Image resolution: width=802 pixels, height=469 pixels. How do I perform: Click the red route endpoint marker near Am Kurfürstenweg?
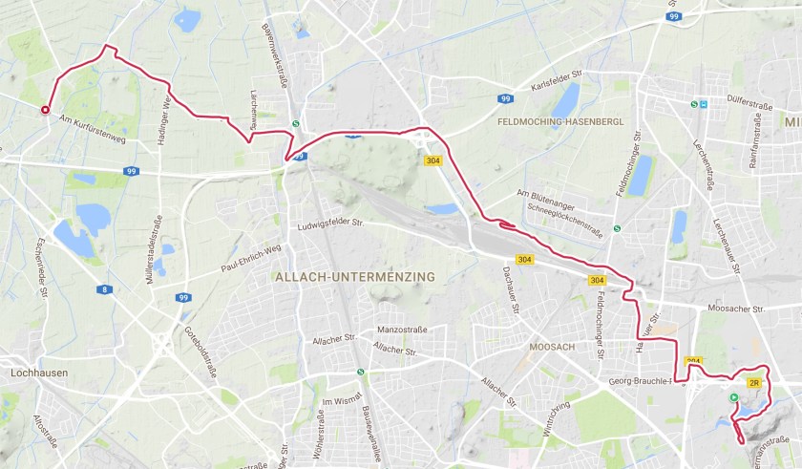(x=45, y=110)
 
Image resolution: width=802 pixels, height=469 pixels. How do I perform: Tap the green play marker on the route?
(x=733, y=397)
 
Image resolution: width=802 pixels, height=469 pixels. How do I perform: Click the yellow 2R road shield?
(x=753, y=383)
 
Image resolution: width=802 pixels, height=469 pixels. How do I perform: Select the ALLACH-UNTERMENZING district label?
(x=354, y=277)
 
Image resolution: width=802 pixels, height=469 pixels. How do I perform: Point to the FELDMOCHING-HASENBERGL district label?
(x=560, y=123)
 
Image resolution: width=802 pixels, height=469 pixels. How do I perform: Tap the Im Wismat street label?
(x=343, y=401)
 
